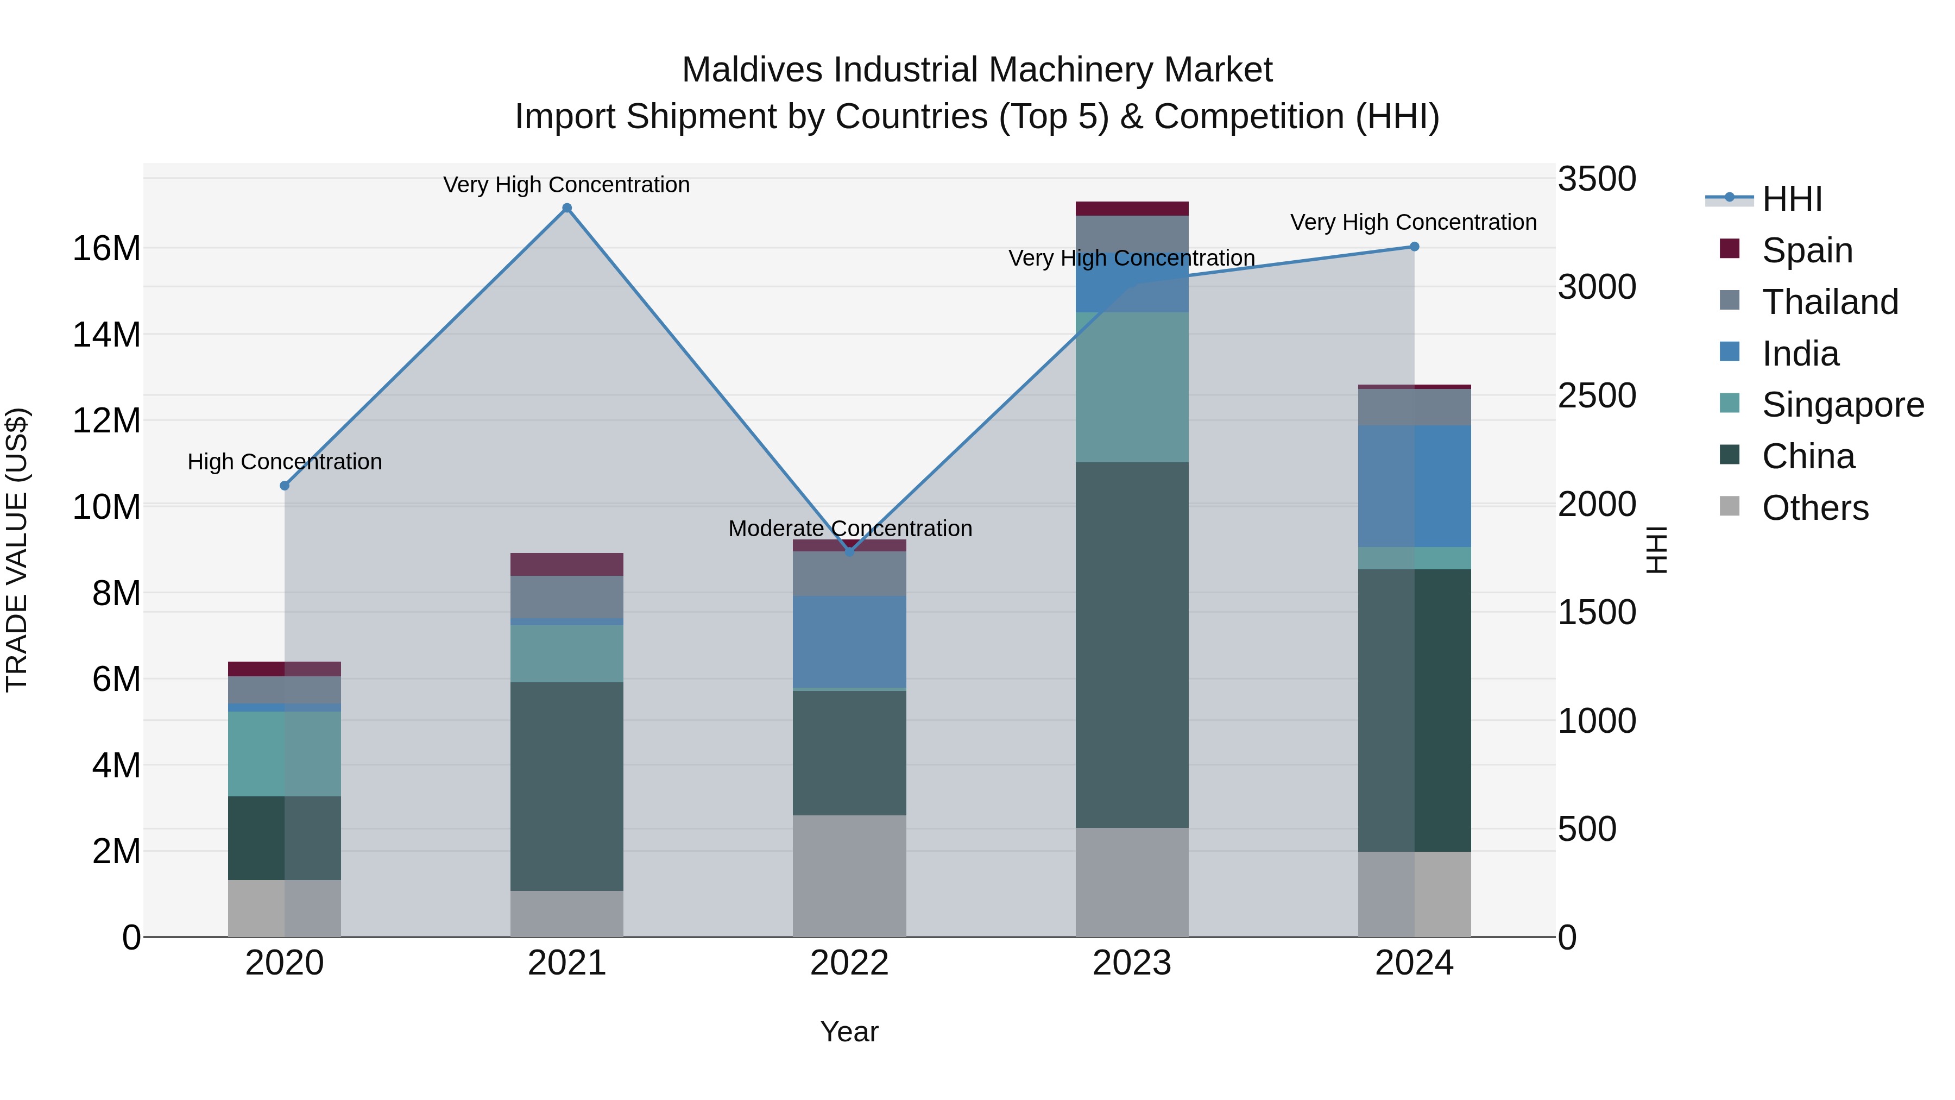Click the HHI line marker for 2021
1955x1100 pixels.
pyautogui.click(x=567, y=208)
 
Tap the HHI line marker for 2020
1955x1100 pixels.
pyautogui.click(x=285, y=486)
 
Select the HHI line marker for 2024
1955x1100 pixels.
pyautogui.click(x=1414, y=247)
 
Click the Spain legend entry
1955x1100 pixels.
pyautogui.click(x=1807, y=250)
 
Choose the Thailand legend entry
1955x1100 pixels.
pyautogui.click(x=1830, y=302)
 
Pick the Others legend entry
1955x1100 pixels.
pyautogui.click(x=1814, y=508)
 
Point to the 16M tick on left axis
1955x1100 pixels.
pyautogui.click(x=106, y=249)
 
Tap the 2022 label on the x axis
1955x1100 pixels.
pyautogui.click(x=849, y=963)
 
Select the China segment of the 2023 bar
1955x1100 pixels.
pyautogui.click(x=1132, y=645)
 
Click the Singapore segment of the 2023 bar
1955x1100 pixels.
pyautogui.click(x=1132, y=387)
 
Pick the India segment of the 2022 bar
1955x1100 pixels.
pyautogui.click(x=849, y=642)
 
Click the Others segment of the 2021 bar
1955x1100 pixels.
pyautogui.click(x=567, y=914)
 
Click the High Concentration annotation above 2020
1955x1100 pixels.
pyautogui.click(x=285, y=462)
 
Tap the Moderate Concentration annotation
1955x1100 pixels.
pyautogui.click(x=850, y=529)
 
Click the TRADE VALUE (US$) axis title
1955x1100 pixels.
pyautogui.click(x=17, y=550)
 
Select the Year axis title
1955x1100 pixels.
pyautogui.click(x=849, y=1032)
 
